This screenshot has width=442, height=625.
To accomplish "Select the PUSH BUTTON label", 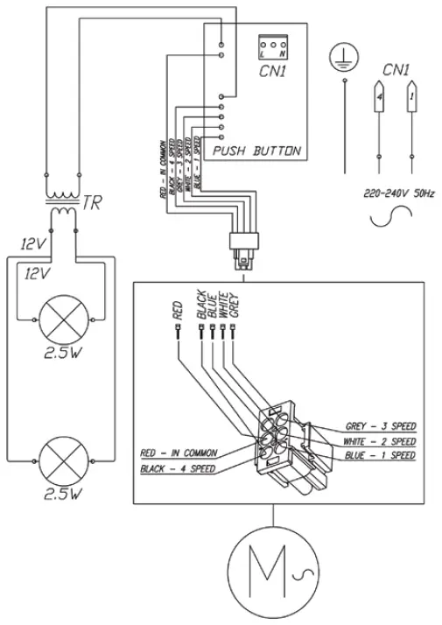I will coord(255,151).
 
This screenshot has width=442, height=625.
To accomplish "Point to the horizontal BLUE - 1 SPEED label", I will coord(380,457).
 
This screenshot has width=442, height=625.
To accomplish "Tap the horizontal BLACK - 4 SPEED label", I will coord(177,469).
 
